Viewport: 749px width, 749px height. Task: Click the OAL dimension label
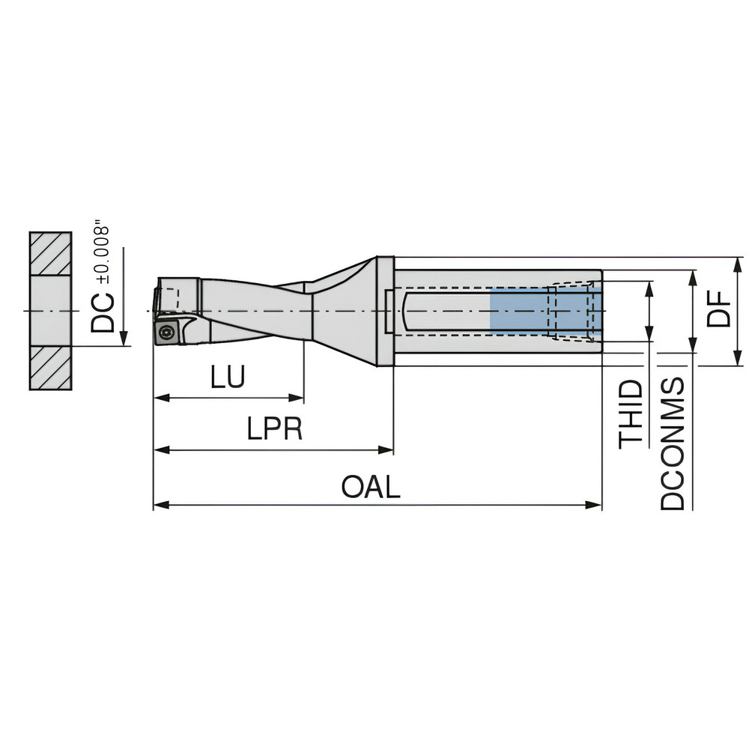371,488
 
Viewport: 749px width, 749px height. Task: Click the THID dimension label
631,414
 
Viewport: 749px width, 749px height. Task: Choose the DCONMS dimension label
673,443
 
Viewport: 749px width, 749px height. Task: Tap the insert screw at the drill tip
165,331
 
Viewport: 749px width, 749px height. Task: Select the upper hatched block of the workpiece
50,254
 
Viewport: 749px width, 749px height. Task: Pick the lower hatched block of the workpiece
50,368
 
